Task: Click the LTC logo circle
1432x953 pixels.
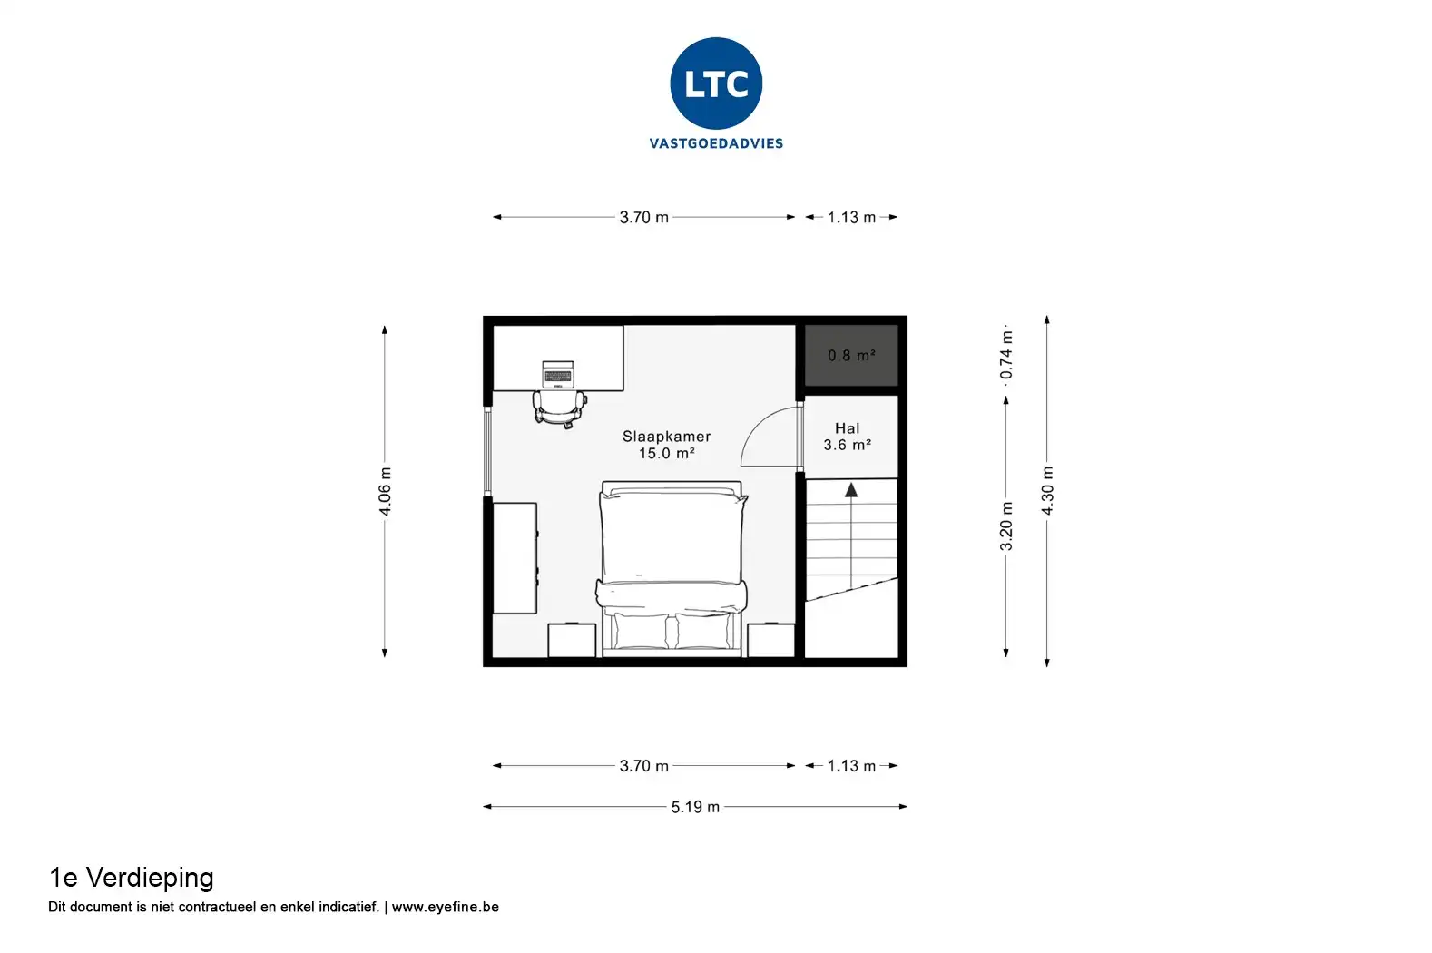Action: tap(716, 84)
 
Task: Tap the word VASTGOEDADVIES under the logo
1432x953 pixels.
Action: tap(716, 143)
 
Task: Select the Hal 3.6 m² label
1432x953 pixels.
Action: tap(847, 437)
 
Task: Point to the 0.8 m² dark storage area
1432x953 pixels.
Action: tap(851, 356)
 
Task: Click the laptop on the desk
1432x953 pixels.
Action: tap(558, 374)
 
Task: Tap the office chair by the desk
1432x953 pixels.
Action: tap(559, 409)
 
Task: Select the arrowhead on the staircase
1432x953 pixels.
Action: tap(851, 491)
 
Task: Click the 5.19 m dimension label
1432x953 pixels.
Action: tap(695, 807)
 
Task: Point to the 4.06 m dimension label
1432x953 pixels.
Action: tap(385, 491)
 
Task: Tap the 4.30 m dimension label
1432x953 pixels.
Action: tap(1047, 491)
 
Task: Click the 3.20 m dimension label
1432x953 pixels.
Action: tap(1006, 526)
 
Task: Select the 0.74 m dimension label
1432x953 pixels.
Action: tap(1006, 354)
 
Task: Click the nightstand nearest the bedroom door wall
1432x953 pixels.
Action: tap(771, 640)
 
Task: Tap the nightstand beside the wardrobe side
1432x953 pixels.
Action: tap(572, 640)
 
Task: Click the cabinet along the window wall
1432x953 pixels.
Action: tap(515, 558)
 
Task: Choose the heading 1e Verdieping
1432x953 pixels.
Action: tap(131, 879)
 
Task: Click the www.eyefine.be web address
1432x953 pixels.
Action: tap(445, 907)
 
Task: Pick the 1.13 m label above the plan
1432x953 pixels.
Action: tap(851, 218)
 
